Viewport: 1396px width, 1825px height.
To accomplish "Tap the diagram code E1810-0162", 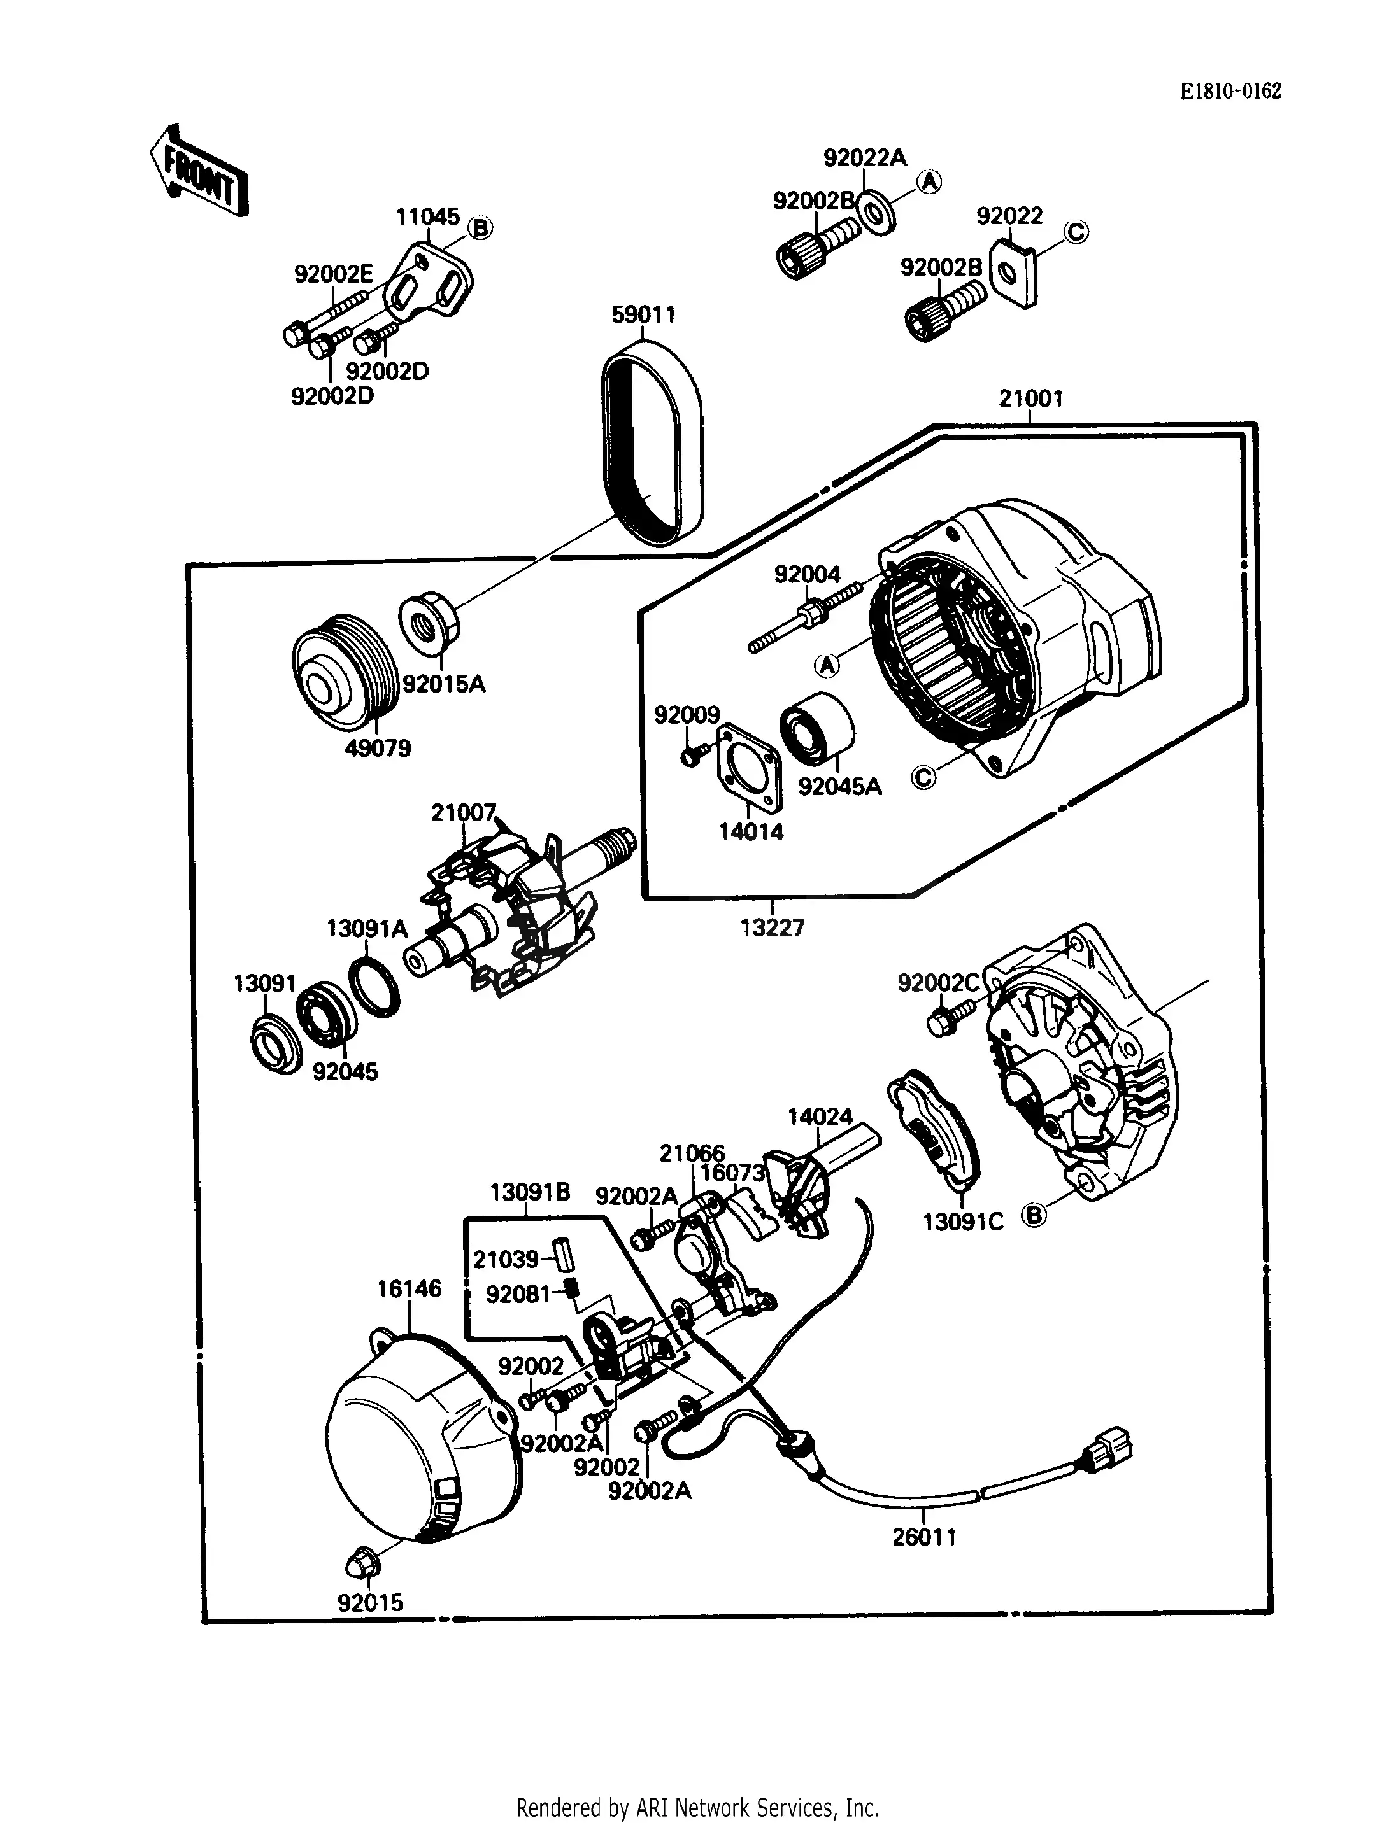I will point(1230,92).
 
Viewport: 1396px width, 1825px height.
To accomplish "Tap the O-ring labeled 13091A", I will point(373,986).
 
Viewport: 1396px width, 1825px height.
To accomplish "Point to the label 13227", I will point(772,928).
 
